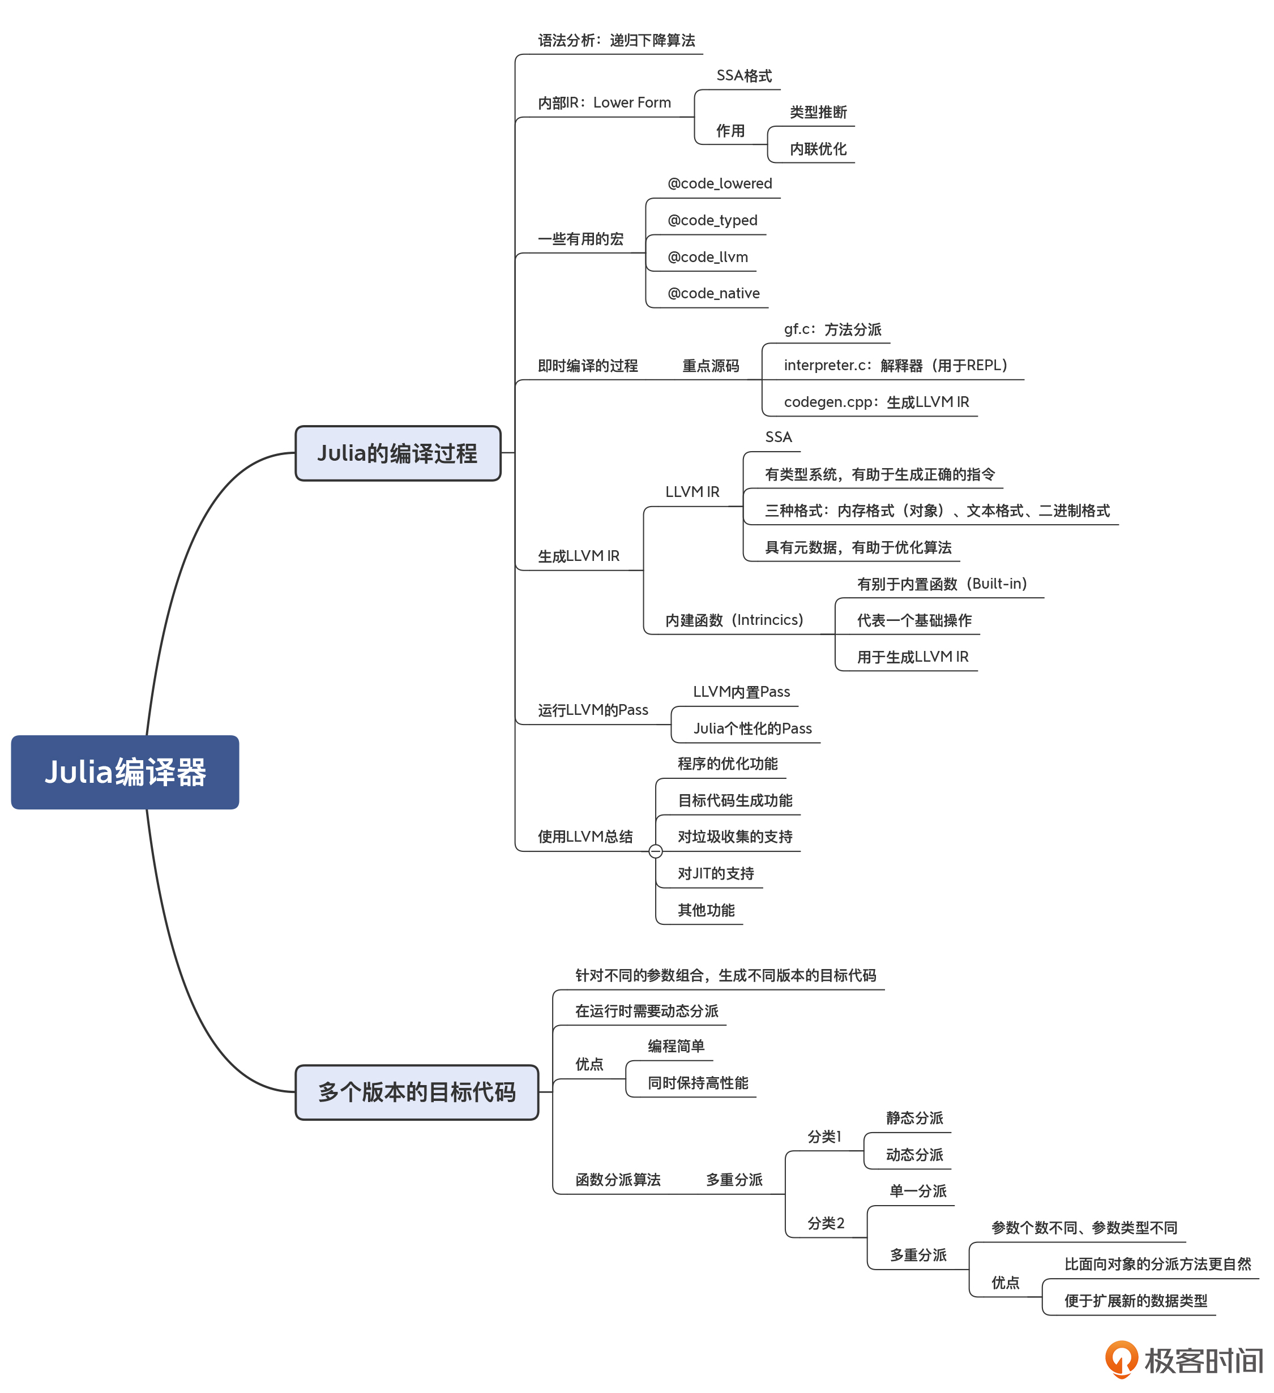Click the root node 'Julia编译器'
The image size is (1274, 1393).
click(x=125, y=772)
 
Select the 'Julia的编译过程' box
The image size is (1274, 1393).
click(x=397, y=453)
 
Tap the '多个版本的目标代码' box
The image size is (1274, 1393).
click(x=416, y=1092)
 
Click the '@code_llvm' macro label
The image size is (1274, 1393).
click(x=707, y=257)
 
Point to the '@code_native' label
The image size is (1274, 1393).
click(x=713, y=294)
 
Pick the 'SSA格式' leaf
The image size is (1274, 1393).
click(x=744, y=76)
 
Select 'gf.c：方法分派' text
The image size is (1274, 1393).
click(x=832, y=329)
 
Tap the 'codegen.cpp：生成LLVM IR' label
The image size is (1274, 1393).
click(x=876, y=402)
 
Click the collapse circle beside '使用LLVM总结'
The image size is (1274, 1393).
click(x=655, y=851)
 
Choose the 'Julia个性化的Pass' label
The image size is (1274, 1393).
click(x=752, y=728)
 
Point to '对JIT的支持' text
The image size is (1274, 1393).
click(x=716, y=873)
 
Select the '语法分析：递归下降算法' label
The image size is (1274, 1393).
click(x=616, y=41)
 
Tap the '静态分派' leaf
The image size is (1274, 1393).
click(x=914, y=1118)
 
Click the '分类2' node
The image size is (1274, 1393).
click(x=826, y=1223)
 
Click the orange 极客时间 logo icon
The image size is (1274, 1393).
click(x=1121, y=1359)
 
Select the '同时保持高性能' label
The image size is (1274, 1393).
click(x=698, y=1083)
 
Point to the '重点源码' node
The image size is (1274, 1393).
click(x=711, y=366)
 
